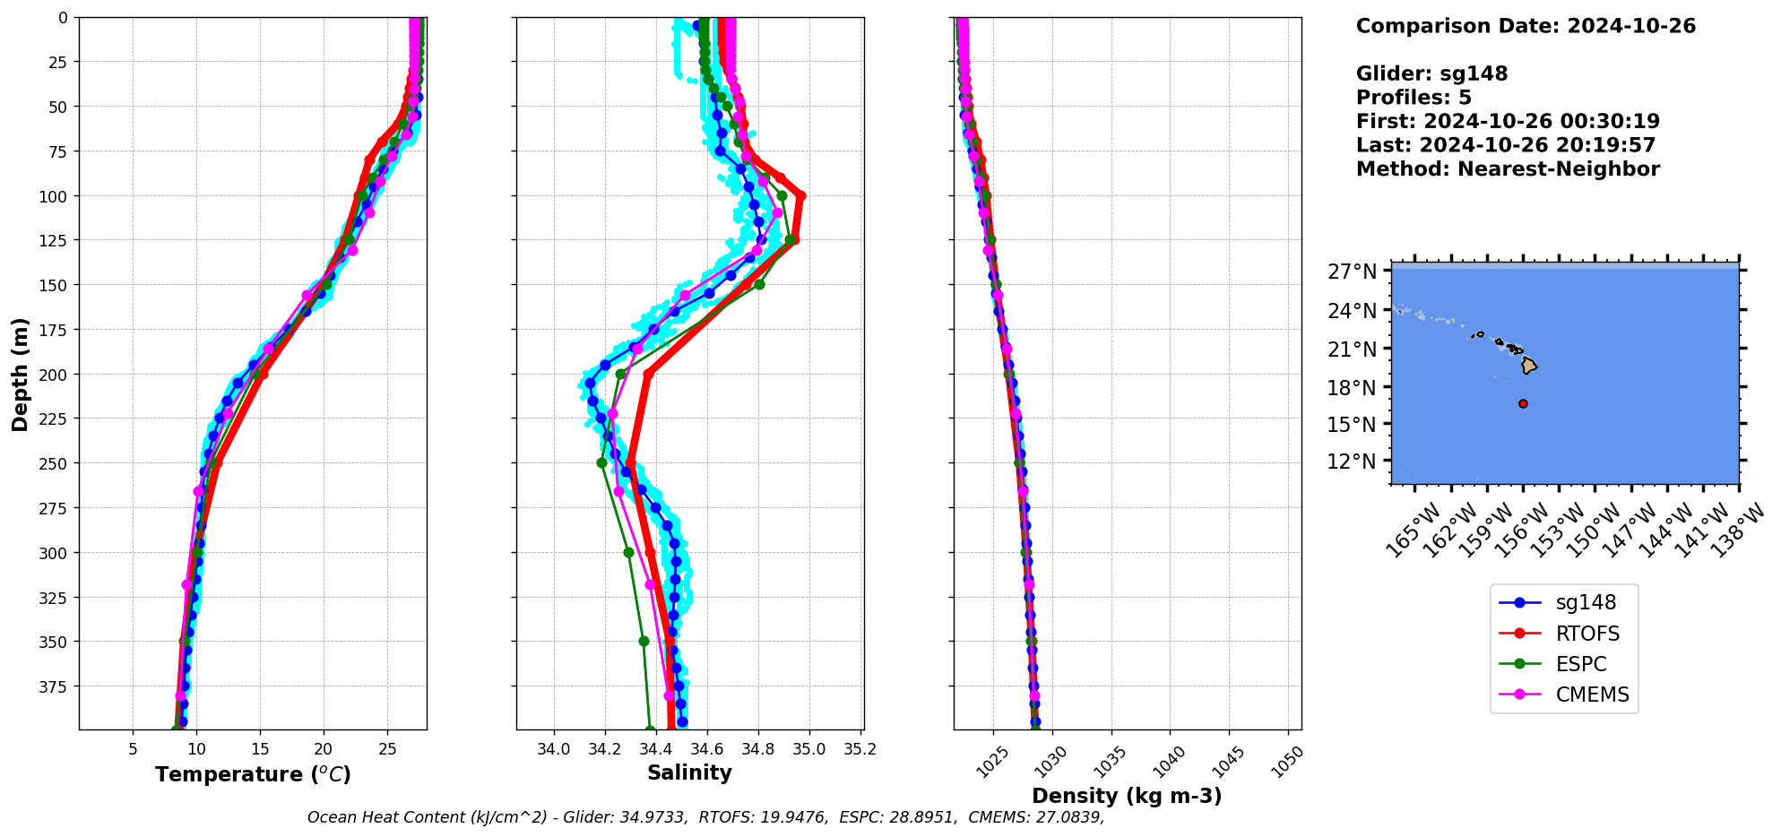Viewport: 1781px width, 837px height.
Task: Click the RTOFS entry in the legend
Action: [x=1587, y=634]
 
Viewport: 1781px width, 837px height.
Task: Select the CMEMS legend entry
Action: [x=1592, y=695]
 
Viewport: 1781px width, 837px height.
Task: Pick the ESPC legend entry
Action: [x=1581, y=664]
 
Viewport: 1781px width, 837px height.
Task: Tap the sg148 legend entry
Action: [x=1586, y=603]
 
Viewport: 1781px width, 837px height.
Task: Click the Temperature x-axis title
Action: [x=253, y=774]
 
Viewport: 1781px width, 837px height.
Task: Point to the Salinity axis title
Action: [x=689, y=772]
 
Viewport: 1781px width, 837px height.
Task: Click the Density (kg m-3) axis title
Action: [x=1127, y=796]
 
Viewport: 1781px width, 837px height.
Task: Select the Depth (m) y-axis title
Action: [x=20, y=374]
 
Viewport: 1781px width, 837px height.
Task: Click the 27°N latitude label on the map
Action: [x=1352, y=272]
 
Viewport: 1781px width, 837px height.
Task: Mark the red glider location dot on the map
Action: [x=1523, y=403]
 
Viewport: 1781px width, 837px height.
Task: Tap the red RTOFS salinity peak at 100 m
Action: [x=801, y=195]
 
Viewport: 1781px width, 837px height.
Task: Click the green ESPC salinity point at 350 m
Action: [x=644, y=641]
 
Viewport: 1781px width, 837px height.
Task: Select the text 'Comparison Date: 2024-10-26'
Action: [x=1526, y=26]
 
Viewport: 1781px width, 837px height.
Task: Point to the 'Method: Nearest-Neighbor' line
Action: [x=1508, y=168]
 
